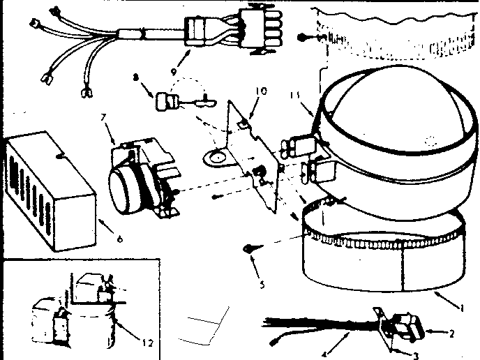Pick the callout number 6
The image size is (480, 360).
119,239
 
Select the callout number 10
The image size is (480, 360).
260,91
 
